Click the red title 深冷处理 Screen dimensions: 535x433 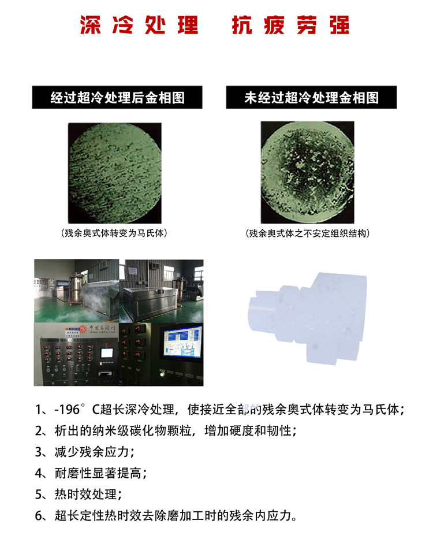tap(139, 25)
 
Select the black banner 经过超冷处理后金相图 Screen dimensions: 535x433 tap(118, 98)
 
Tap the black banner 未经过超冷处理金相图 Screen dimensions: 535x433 tap(312, 98)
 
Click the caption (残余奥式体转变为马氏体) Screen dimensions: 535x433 tap(117, 233)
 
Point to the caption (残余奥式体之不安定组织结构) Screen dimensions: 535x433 tap(307, 233)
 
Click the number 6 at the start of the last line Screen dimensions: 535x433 tap(39, 516)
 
